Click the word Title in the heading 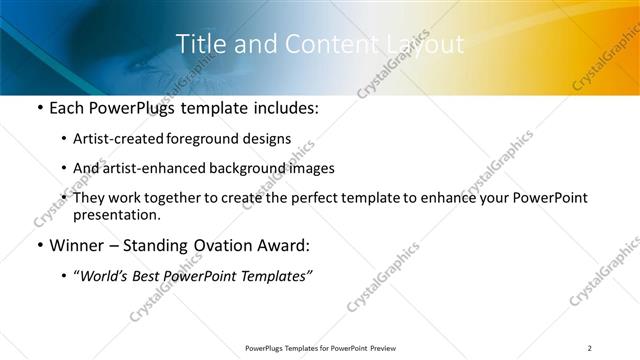pos(199,44)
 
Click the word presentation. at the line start pos(115,214)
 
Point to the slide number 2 pos(590,347)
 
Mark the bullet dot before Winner pos(39,245)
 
